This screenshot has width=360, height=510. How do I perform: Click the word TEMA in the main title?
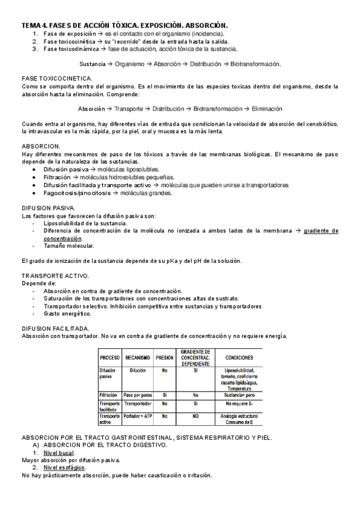coord(30,25)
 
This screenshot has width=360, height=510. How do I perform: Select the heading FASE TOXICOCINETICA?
coord(57,79)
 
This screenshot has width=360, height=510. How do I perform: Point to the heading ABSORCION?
coord(41,146)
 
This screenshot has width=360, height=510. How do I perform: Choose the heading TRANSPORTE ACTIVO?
coord(55,275)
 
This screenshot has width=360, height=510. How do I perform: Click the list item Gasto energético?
coord(67,313)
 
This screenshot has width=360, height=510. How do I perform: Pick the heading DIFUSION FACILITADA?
coord(56,328)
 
